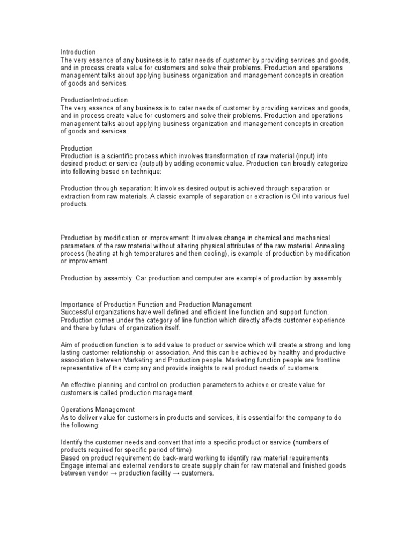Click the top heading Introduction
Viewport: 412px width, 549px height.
(78, 52)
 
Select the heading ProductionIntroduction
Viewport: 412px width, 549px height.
(94, 100)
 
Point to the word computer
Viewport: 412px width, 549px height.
(207, 278)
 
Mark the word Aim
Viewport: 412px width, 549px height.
(67, 344)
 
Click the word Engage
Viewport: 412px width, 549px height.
(72, 465)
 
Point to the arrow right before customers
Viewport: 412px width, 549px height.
(179, 474)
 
